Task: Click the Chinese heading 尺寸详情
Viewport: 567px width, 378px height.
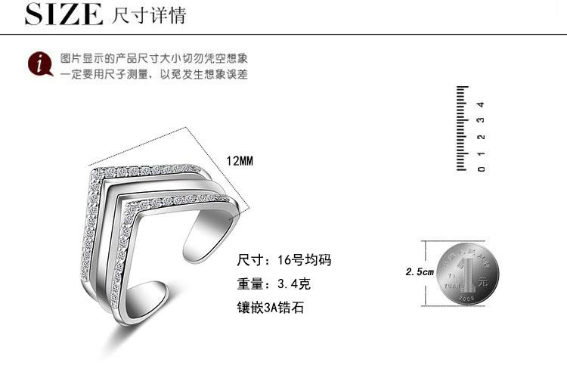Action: [x=148, y=15]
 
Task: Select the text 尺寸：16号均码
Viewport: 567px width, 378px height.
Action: [x=284, y=261]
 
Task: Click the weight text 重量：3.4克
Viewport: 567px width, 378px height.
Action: [x=274, y=284]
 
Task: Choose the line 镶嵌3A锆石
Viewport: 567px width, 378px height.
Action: [x=271, y=308]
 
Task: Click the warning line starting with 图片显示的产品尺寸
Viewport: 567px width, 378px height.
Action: [x=155, y=58]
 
